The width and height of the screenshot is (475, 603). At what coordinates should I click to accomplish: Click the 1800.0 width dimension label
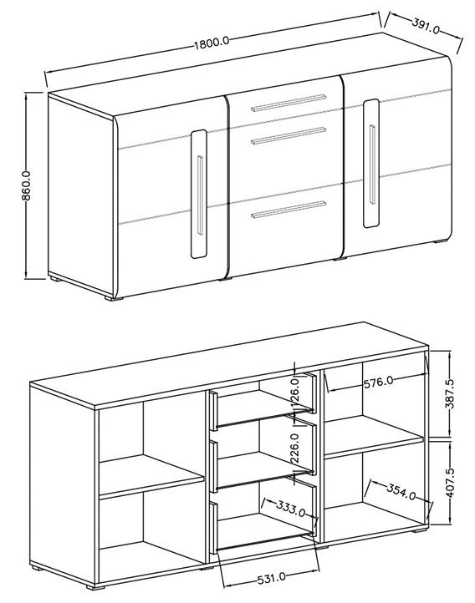[212, 43]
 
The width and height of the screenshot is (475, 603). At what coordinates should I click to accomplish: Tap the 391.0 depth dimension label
[426, 25]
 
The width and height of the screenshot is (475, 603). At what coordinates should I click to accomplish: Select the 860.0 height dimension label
[26, 185]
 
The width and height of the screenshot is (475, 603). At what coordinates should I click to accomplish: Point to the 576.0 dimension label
[378, 382]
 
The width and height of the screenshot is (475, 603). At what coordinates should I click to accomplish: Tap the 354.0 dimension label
[401, 491]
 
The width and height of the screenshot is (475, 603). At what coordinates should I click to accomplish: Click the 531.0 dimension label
[271, 577]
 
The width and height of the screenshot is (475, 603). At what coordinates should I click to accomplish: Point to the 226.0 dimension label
[294, 448]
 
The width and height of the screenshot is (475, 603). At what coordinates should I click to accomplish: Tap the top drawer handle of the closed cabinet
[289, 103]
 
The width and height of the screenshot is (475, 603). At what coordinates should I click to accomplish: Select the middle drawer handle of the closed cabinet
[289, 136]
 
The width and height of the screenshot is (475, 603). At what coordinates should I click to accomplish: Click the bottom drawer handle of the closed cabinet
[289, 210]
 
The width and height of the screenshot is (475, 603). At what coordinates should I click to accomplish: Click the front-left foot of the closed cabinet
[114, 297]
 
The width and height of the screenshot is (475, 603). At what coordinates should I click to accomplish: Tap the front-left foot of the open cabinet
[95, 587]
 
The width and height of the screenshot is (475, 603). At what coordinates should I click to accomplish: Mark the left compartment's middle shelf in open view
[151, 475]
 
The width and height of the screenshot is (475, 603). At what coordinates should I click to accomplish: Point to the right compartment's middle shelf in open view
[374, 436]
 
